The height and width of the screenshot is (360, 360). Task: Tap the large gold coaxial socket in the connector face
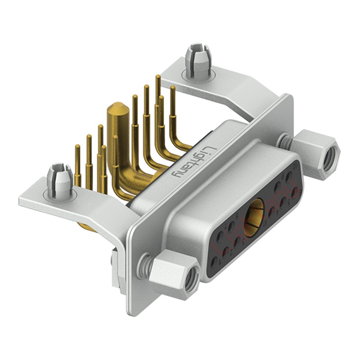click(x=255, y=218)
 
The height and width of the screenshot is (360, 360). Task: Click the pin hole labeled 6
click(x=294, y=192)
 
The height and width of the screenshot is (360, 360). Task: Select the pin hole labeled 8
click(x=231, y=226)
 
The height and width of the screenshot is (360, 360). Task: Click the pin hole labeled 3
click(x=237, y=241)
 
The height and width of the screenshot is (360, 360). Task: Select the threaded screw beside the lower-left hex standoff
click(x=144, y=264)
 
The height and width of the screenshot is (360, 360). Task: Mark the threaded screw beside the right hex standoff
click(x=285, y=141)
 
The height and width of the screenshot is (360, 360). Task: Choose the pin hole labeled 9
click(x=278, y=187)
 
